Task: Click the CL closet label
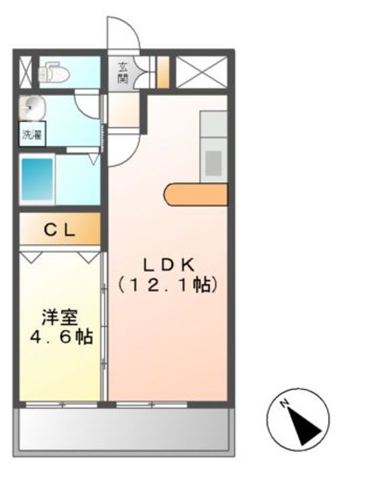(60, 229)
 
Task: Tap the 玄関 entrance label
(124, 72)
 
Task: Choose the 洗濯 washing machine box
(31, 133)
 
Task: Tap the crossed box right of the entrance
(202, 72)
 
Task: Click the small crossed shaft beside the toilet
(25, 72)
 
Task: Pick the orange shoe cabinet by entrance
(162, 72)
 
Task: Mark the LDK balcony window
(152, 404)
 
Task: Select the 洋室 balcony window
(62, 404)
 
